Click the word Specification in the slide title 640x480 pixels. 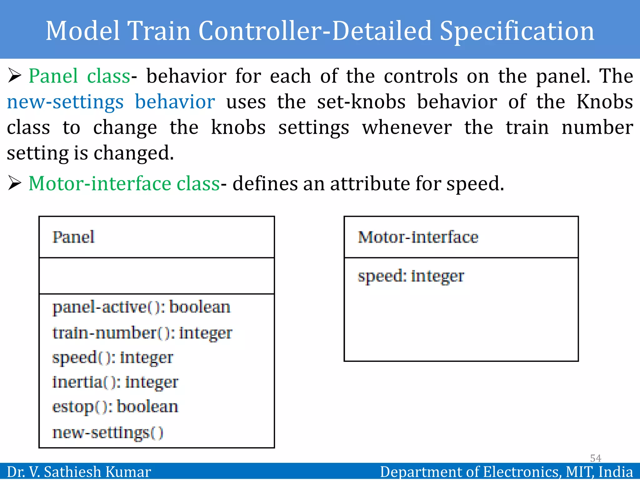tap(517, 31)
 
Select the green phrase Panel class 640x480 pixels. tap(79, 76)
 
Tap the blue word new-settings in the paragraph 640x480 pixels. tap(65, 102)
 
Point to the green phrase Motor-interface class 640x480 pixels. tap(124, 183)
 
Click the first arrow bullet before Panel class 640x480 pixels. tap(14, 76)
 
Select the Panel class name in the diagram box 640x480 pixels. tap(73, 237)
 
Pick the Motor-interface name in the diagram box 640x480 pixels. tap(418, 237)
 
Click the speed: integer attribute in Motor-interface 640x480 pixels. tap(411, 276)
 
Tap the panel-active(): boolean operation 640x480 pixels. tap(141, 307)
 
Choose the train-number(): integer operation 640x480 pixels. tap(142, 333)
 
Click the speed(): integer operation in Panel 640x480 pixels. tap(112, 357)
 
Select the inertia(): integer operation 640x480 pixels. tap(115, 382)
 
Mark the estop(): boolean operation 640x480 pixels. tap(115, 407)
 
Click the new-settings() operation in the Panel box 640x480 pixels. tap(107, 433)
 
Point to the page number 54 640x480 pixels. tap(595, 458)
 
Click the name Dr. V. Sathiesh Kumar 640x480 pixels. tap(79, 472)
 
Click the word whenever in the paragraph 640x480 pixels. tap(407, 128)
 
